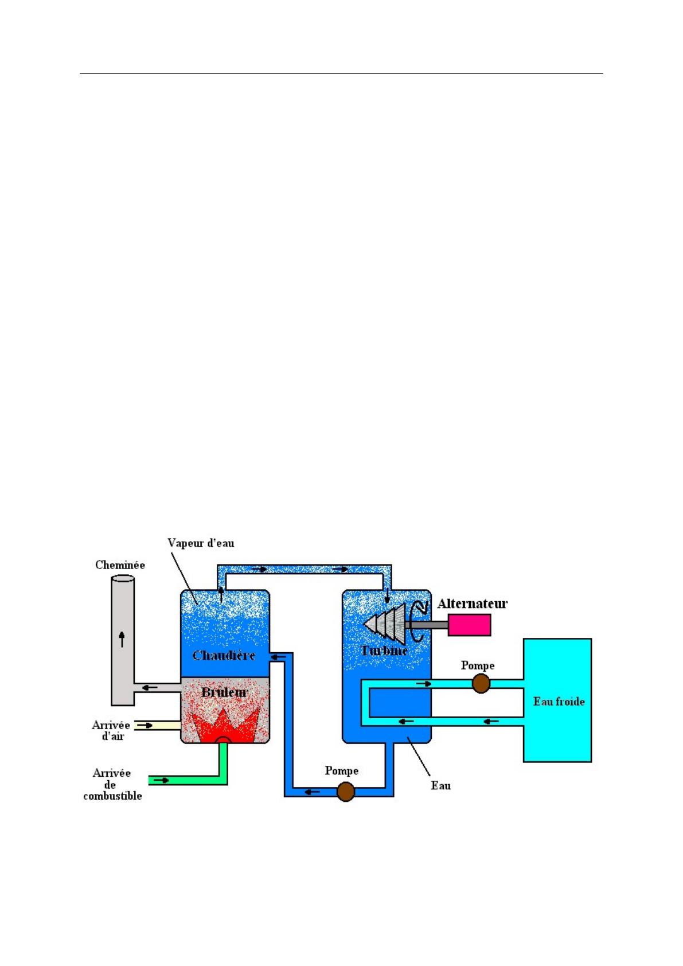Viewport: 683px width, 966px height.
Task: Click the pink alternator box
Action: (469, 625)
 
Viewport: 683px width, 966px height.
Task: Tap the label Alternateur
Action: (472, 603)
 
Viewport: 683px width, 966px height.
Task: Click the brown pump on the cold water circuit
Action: (481, 683)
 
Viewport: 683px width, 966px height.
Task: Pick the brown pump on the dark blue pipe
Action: (345, 792)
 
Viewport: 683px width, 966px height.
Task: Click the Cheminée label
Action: (120, 565)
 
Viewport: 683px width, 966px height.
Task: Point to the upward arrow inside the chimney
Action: (122, 638)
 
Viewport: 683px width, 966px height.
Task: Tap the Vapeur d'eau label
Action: (201, 543)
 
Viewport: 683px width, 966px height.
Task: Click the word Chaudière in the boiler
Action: (224, 655)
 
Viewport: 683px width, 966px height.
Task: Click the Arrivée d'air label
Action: (111, 730)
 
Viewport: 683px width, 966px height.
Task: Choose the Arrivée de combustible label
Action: (112, 784)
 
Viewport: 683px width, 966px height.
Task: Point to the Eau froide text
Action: (559, 702)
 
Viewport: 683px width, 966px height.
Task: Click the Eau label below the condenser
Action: (440, 785)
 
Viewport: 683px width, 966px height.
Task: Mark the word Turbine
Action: (384, 651)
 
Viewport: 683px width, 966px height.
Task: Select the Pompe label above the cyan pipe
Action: (477, 665)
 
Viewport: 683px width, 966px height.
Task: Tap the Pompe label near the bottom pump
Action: (341, 770)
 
